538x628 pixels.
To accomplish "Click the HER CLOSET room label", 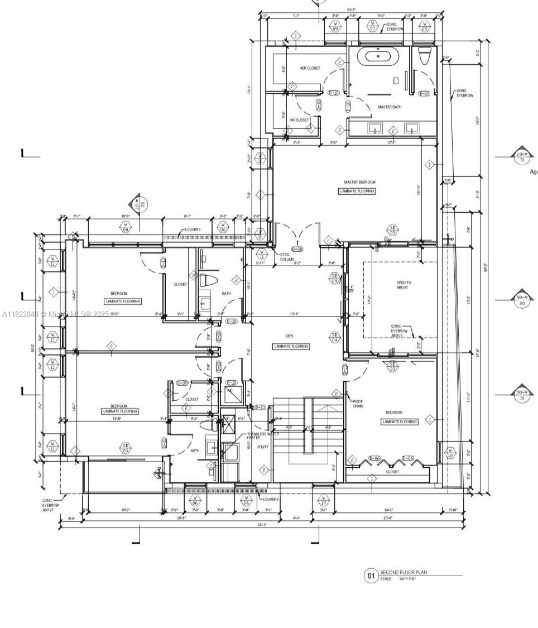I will click(310, 68).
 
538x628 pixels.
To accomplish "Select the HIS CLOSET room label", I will click(299, 120).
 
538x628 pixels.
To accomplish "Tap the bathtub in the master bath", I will click(379, 56).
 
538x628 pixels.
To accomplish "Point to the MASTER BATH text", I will click(389, 107).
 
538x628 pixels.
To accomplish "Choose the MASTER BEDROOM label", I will click(359, 182).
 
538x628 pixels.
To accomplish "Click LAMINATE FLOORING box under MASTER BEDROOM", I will click(357, 191).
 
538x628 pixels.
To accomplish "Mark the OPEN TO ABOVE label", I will click(402, 285).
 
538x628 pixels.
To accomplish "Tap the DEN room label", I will click(290, 336).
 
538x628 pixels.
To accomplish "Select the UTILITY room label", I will click(262, 447).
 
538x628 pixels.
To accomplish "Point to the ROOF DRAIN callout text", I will click(358, 404).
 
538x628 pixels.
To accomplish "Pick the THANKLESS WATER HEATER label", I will click(262, 435).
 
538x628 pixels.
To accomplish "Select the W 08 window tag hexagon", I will click(126, 227).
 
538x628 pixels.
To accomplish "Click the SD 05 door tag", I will click(126, 447).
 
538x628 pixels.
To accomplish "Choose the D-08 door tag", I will click(297, 249).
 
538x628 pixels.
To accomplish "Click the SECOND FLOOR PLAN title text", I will click(403, 572).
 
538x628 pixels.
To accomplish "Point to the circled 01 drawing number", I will click(371, 576).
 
